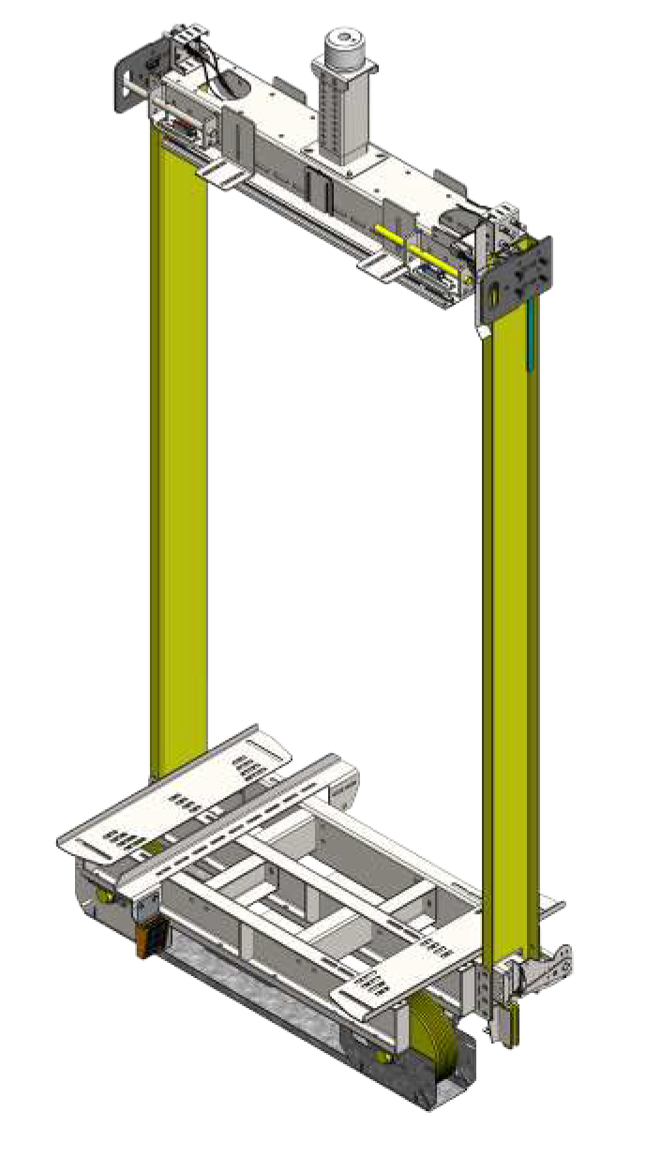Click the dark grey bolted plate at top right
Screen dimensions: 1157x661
pyautogui.click(x=526, y=271)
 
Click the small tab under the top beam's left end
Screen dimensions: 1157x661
pyautogui.click(x=216, y=173)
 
